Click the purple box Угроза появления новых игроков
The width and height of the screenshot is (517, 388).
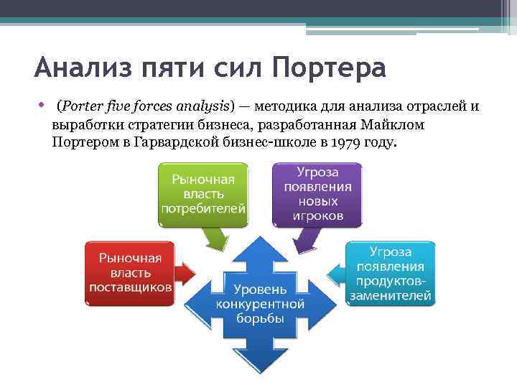click(317, 193)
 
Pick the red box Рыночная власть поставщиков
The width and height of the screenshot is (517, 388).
click(130, 272)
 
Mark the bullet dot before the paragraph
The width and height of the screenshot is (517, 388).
click(43, 105)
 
